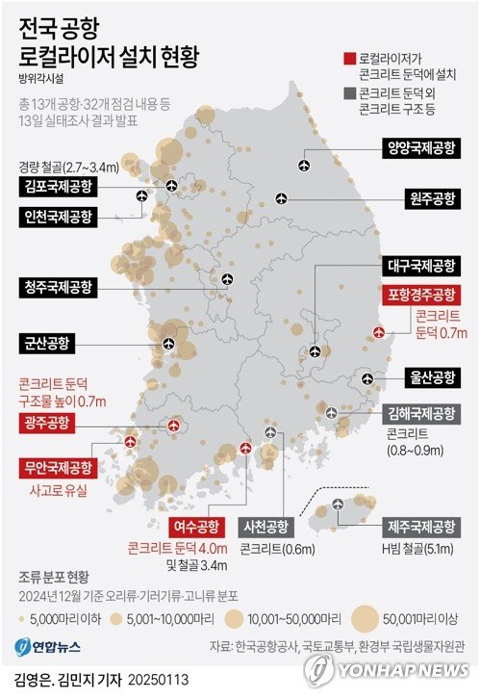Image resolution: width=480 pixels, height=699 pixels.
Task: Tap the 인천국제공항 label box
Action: tap(57, 217)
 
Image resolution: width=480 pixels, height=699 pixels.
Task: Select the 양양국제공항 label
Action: tap(418, 149)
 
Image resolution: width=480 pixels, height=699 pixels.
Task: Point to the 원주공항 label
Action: tap(428, 200)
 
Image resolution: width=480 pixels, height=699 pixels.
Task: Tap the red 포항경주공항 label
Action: tap(420, 294)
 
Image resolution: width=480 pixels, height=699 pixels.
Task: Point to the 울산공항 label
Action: tap(428, 376)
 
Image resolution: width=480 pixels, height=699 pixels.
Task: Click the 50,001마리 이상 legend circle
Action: tap(365, 617)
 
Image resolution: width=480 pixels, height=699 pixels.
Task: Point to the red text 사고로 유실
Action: tap(60, 491)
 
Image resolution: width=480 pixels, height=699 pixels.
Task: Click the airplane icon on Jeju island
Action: tap(338, 505)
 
